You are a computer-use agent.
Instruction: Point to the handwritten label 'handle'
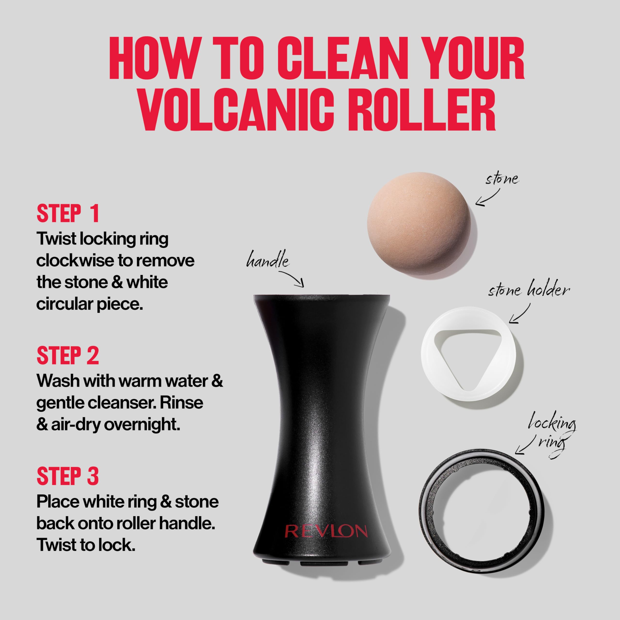click(x=268, y=260)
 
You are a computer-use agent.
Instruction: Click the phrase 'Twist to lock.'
click(x=86, y=545)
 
